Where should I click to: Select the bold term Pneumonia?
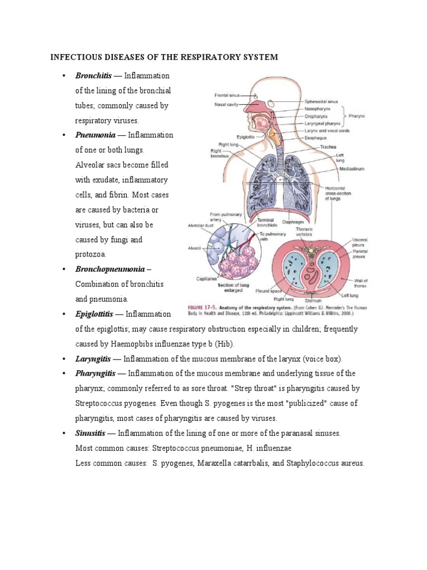click(96, 135)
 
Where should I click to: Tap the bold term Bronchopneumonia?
click(110, 269)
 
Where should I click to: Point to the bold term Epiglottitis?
click(98, 314)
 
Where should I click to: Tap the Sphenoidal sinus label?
click(321, 102)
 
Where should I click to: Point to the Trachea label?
click(327, 147)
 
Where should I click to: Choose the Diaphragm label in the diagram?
click(292, 221)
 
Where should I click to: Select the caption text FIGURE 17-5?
click(200, 308)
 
